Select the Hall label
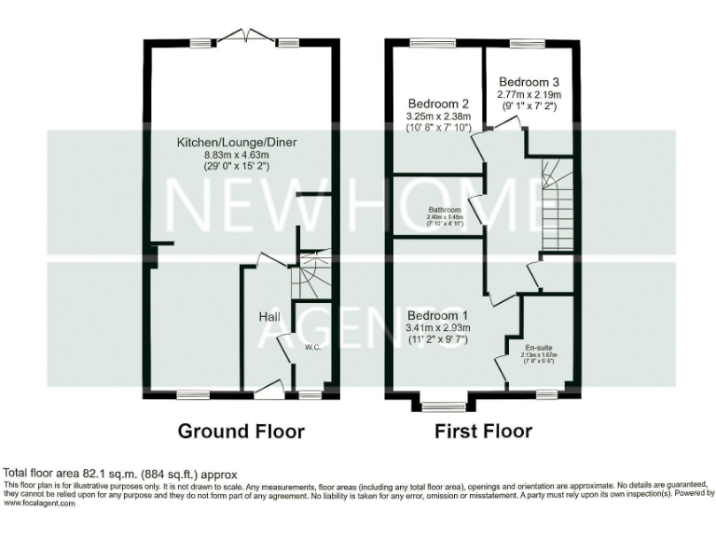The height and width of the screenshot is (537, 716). (269, 318)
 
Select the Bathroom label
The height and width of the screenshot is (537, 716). (445, 211)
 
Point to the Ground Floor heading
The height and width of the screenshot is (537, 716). (241, 432)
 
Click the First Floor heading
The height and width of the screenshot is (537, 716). (483, 432)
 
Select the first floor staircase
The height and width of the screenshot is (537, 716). (556, 205)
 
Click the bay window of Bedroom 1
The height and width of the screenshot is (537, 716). (444, 406)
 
